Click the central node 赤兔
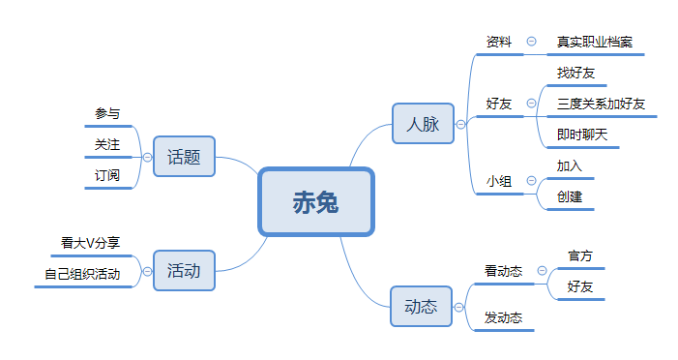tap(316, 202)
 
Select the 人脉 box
tap(423, 124)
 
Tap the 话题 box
tap(184, 157)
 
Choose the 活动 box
tap(184, 271)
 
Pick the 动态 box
tap(421, 307)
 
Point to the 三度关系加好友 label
tap(602, 104)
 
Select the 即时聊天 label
tap(582, 135)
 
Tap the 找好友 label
tap(577, 73)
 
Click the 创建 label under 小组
tap(570, 196)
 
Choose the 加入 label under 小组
tap(570, 165)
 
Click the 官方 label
tap(580, 256)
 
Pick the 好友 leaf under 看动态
tap(580, 286)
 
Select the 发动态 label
tap(504, 317)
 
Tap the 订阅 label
tap(107, 175)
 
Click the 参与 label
tap(107, 113)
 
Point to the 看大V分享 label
tap(90, 243)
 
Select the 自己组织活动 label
tap(82, 274)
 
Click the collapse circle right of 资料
tap(531, 42)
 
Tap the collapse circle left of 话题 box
tap(147, 156)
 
